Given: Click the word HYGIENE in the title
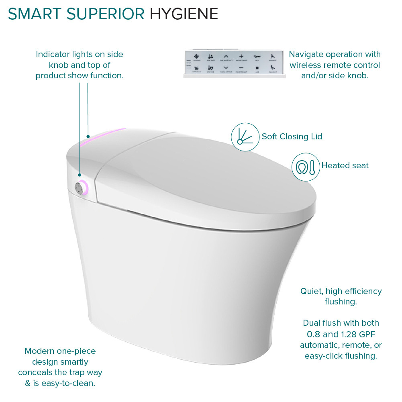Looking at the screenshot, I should (184, 14).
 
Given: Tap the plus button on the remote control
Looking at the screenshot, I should (241, 57).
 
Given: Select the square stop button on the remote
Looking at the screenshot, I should (257, 68).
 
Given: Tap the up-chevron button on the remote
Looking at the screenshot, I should (226, 57).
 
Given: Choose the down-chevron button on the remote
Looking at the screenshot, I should (226, 68).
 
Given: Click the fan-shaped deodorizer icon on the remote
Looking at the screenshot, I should (196, 57).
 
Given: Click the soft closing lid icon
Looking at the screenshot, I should (245, 137).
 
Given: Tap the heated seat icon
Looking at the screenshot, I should (306, 166).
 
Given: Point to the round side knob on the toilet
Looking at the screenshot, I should (81, 187).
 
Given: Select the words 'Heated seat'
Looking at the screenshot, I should (345, 165).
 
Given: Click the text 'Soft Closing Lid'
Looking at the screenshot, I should (292, 137).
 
